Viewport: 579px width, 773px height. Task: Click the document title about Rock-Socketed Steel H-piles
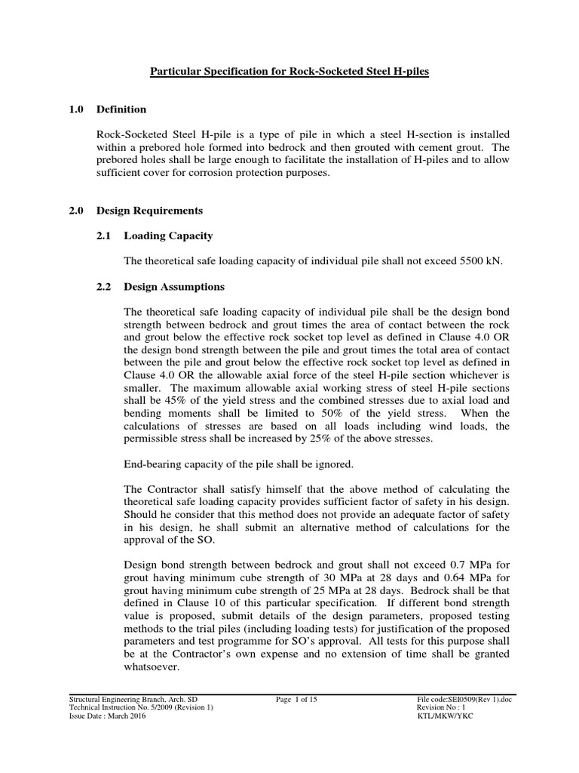coord(289,70)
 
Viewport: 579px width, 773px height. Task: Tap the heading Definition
coord(121,109)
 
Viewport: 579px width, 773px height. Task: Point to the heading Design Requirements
coord(149,210)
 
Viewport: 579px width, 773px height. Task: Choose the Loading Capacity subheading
coord(169,236)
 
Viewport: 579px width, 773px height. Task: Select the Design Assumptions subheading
coord(174,288)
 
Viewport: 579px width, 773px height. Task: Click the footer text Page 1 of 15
coord(297,700)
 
